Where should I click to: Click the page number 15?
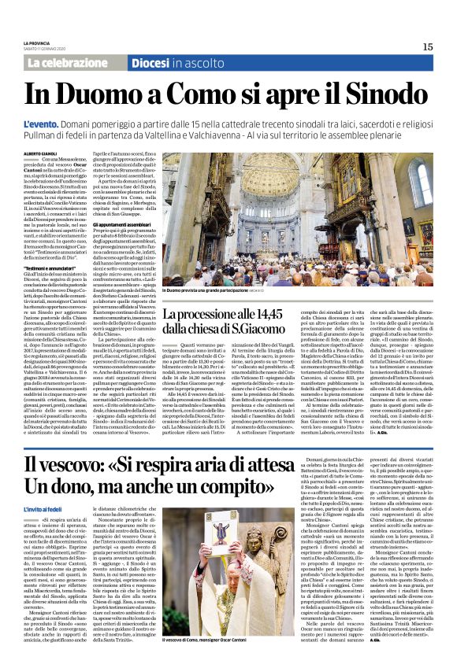(x=427, y=47)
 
